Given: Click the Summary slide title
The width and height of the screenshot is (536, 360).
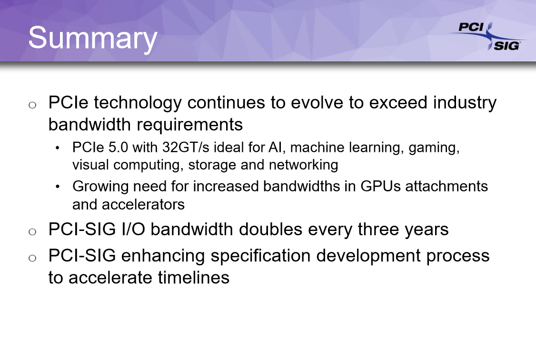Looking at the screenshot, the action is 93,39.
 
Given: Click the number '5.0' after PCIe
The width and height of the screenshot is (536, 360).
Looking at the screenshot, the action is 118,147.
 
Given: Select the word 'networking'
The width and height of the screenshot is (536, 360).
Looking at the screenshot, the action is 304,165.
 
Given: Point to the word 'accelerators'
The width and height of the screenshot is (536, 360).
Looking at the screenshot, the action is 143,205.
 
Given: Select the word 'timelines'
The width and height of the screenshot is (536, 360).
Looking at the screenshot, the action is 193,278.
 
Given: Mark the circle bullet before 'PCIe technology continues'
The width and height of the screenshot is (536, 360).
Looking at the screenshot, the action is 32,105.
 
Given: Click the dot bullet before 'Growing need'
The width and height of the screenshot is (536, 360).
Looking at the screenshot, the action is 58,187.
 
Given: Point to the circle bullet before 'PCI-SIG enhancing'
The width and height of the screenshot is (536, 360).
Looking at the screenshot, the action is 32,258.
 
